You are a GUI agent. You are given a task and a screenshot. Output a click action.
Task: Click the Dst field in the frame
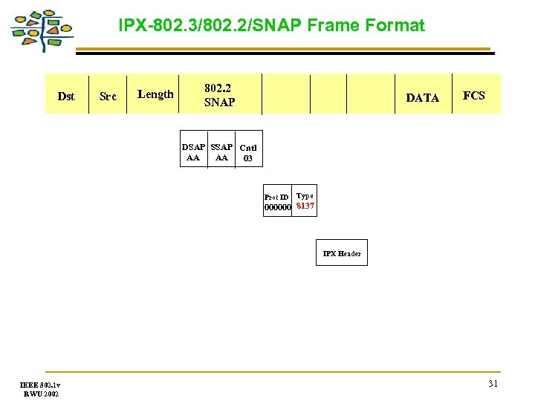click(x=66, y=96)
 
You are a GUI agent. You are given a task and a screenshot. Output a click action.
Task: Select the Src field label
click(x=108, y=97)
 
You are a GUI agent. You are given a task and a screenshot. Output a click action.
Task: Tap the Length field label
click(x=155, y=94)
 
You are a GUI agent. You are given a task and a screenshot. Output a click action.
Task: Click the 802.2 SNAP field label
click(x=219, y=95)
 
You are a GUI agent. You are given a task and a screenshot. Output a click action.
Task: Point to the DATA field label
click(x=422, y=97)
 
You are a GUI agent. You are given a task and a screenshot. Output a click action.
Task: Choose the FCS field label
click(x=473, y=95)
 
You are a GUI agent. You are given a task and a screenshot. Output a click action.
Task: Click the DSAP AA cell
click(x=193, y=152)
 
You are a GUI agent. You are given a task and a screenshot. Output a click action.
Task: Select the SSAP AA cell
click(x=221, y=152)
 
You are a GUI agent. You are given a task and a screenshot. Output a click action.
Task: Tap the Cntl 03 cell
click(x=248, y=153)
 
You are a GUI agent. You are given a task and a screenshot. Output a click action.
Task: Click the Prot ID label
click(x=276, y=197)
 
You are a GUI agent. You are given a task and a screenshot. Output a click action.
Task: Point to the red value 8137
click(x=305, y=206)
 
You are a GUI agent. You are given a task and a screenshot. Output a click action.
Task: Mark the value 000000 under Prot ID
click(x=278, y=208)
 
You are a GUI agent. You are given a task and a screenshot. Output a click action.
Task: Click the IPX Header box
click(x=342, y=253)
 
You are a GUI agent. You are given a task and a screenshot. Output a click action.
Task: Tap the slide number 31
click(x=493, y=384)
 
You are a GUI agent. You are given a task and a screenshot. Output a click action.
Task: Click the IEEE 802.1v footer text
click(x=40, y=385)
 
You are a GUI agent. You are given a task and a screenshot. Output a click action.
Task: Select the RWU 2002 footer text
click(x=40, y=394)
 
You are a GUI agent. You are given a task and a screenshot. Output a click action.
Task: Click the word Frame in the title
click(x=329, y=26)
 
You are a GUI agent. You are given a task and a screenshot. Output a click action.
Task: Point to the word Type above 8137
click(x=305, y=196)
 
